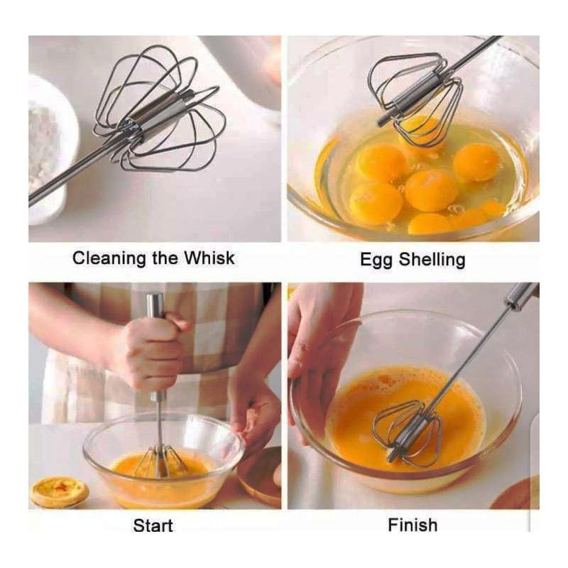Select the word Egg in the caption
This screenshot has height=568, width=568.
tap(376, 261)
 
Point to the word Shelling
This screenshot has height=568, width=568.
tap(432, 261)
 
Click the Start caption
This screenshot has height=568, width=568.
tap(153, 525)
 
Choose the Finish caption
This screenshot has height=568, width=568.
tap(413, 525)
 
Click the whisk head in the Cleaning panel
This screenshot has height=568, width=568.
tap(159, 109)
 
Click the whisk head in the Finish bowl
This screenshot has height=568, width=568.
tap(408, 434)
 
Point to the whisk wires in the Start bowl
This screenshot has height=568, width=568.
tap(160, 462)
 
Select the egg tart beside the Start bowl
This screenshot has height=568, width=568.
tap(60, 491)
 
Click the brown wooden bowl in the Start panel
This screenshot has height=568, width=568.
tap(260, 476)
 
